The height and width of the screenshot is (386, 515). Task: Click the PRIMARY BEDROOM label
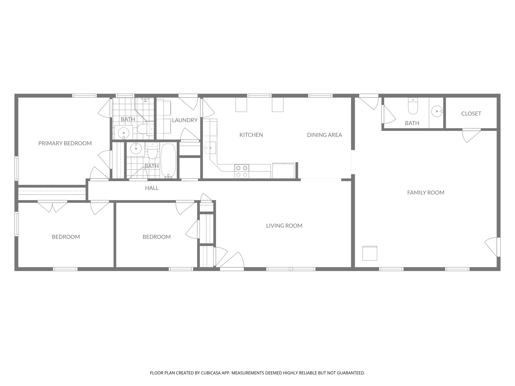[65, 143]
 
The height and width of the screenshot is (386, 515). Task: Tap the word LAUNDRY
[185, 120]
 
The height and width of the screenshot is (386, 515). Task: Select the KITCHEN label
[251, 135]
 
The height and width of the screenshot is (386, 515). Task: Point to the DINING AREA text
[324, 135]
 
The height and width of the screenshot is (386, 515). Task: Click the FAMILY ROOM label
[426, 192]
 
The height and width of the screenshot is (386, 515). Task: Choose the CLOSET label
[471, 114]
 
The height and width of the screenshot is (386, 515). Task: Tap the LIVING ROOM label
[284, 226]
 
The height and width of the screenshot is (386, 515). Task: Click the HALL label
[152, 188]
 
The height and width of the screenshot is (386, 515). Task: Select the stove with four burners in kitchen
[242, 171]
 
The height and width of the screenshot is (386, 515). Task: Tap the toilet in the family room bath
[413, 107]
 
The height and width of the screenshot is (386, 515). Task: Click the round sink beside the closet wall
[437, 111]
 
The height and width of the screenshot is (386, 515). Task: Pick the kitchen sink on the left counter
[210, 148]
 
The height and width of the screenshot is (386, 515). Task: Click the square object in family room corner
[370, 253]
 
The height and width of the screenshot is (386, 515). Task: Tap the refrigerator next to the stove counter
[283, 171]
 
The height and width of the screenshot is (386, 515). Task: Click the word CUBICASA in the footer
[211, 373]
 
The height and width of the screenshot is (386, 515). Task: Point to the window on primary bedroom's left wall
[16, 168]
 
